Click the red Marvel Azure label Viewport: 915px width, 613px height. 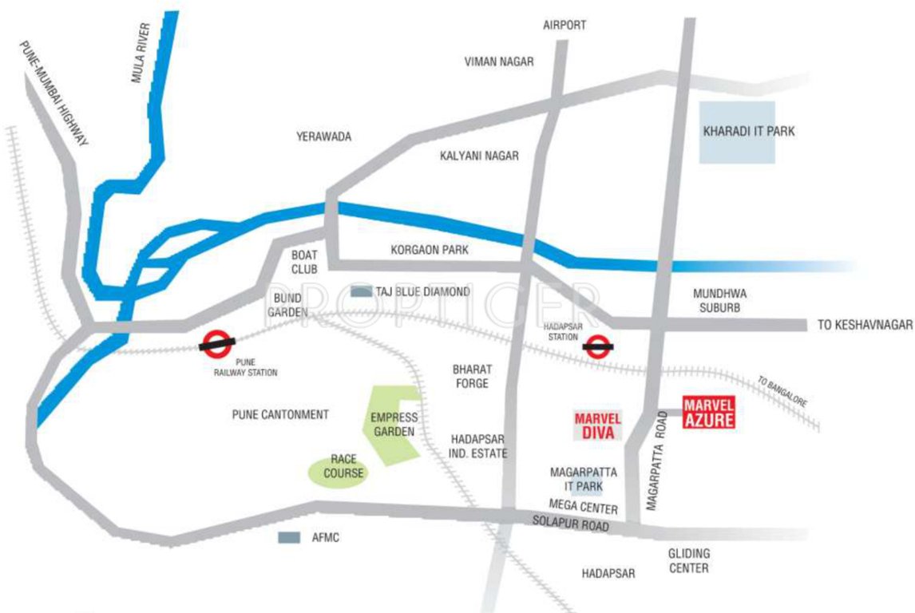pyautogui.click(x=708, y=412)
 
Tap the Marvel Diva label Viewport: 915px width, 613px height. pyautogui.click(x=598, y=425)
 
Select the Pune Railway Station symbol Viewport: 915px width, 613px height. pyautogui.click(x=217, y=343)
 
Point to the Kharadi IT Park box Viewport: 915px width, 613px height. pyautogui.click(x=737, y=132)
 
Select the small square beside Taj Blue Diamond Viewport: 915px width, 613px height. pyautogui.click(x=362, y=292)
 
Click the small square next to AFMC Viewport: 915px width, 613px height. pyautogui.click(x=288, y=538)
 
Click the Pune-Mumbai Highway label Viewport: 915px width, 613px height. pyautogui.click(x=55, y=93)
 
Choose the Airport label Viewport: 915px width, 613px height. pyautogui.click(x=564, y=25)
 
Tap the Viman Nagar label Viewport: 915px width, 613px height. pyautogui.click(x=499, y=61)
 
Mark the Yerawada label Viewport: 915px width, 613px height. pyautogui.click(x=323, y=136)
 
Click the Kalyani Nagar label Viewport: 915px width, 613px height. pyautogui.click(x=479, y=156)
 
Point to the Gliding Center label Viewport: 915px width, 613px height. pyautogui.click(x=688, y=561)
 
